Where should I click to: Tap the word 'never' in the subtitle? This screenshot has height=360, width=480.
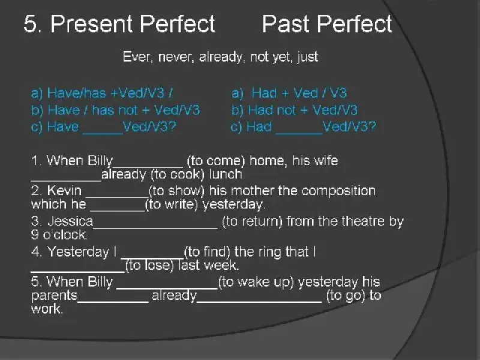(176, 57)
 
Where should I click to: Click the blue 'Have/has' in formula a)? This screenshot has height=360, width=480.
(77, 93)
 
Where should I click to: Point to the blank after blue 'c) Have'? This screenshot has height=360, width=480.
(103, 133)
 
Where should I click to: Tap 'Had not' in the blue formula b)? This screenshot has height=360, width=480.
(272, 110)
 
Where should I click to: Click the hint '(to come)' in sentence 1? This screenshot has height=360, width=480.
(216, 161)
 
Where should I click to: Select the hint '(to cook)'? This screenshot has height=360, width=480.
(178, 174)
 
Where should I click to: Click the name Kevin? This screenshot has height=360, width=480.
(64, 190)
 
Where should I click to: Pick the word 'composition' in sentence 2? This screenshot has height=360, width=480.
(338, 191)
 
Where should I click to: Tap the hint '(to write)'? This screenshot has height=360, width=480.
(172, 204)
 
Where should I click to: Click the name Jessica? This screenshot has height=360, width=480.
(70, 221)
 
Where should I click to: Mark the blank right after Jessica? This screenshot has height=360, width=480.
(155, 227)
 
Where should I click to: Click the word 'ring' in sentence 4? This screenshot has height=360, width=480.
(269, 252)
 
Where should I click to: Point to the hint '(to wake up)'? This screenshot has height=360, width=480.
(256, 282)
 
